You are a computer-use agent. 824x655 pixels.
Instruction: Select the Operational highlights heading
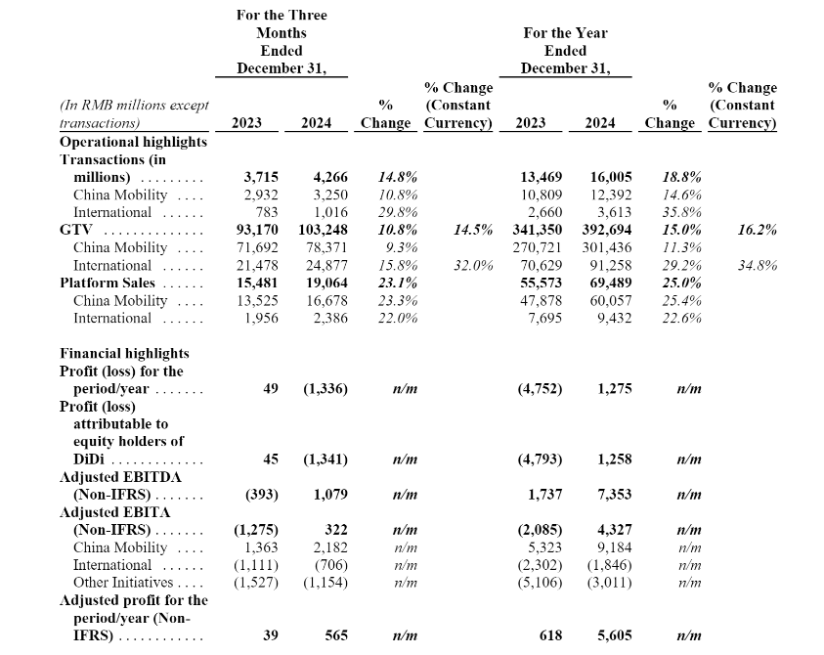(x=134, y=142)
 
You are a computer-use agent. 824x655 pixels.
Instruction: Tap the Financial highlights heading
(x=124, y=353)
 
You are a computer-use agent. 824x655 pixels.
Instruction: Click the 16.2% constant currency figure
(x=758, y=230)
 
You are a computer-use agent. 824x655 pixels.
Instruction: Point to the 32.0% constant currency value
(x=473, y=265)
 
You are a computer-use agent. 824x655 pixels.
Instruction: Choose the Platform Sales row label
(x=108, y=283)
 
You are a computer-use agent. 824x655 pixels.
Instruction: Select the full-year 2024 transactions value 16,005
(x=611, y=177)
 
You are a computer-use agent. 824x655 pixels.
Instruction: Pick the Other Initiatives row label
(x=123, y=583)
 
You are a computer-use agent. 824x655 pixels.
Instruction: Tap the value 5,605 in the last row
(x=614, y=635)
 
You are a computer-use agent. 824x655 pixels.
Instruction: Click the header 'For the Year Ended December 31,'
(x=565, y=51)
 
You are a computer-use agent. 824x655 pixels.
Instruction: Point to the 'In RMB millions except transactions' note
(x=134, y=114)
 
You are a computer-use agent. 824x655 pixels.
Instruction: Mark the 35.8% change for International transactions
(x=681, y=212)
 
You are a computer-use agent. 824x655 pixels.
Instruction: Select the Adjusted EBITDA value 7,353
(x=614, y=495)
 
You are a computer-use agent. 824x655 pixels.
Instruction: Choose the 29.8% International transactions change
(x=398, y=212)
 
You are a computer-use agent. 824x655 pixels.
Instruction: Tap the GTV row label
(x=76, y=230)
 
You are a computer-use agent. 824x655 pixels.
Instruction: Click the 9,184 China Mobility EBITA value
(x=614, y=547)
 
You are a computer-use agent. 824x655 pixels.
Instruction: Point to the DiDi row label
(x=88, y=459)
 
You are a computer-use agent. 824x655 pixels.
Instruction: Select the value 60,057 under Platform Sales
(x=611, y=301)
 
